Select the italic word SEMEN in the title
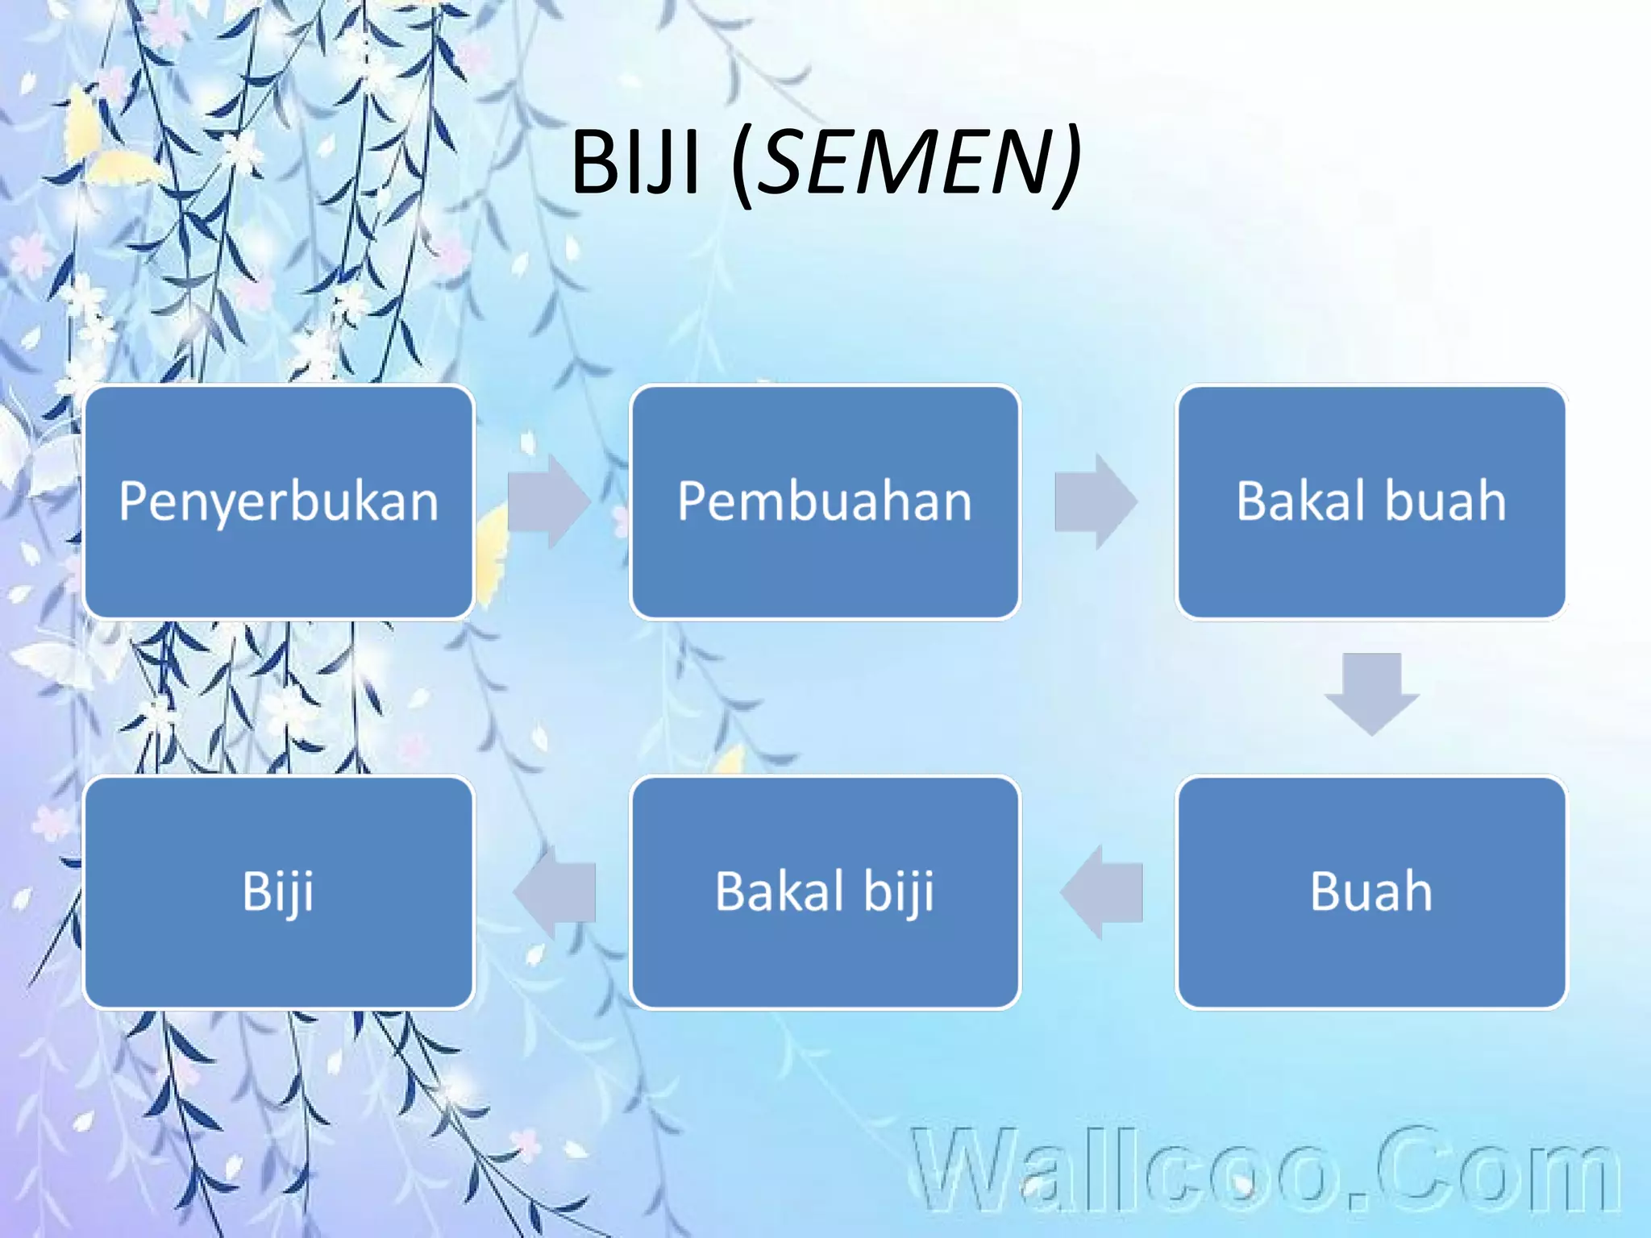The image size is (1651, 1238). (903, 163)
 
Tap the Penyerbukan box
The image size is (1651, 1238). (278, 501)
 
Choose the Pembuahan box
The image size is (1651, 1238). (825, 501)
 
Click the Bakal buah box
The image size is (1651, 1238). (1370, 501)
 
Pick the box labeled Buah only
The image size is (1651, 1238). (1370, 891)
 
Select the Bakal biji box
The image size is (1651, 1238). (825, 891)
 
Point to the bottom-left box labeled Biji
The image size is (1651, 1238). (278, 891)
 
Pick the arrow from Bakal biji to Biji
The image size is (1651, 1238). (555, 891)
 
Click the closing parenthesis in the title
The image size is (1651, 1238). (1068, 165)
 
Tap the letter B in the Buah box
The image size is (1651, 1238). (1325, 891)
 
